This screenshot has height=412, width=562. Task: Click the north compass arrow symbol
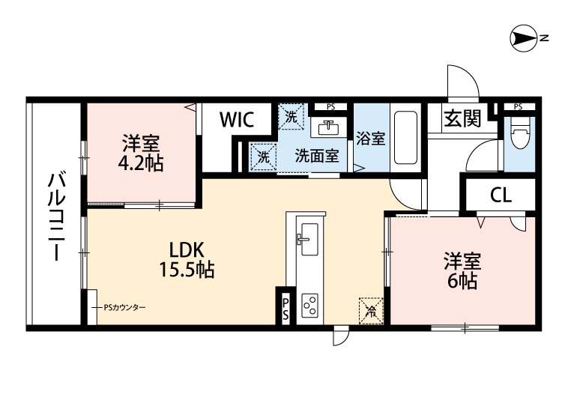coord(525,37)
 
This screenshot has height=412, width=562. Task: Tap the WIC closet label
coord(238,119)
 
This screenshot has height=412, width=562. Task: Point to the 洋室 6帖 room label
coord(462,270)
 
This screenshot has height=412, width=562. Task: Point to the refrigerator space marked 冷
coord(369,309)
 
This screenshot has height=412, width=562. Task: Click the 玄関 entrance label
coord(462,119)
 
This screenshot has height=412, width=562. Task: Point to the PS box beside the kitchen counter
coord(286,308)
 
